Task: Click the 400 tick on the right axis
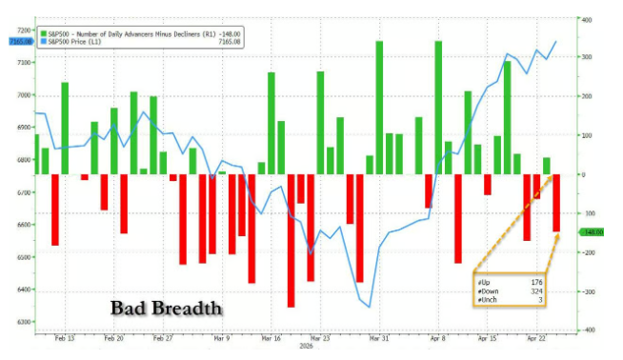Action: [590, 19]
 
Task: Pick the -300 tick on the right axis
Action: [590, 291]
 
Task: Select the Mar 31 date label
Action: [379, 338]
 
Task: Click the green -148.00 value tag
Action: [593, 231]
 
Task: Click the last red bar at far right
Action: [556, 203]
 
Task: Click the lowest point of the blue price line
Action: [369, 307]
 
